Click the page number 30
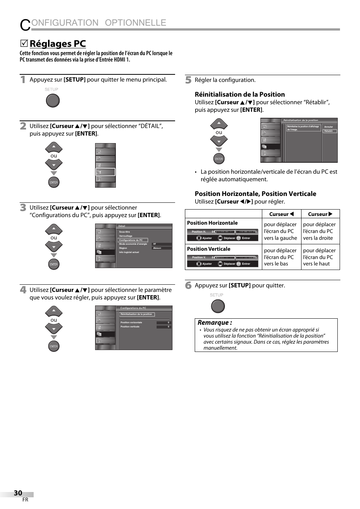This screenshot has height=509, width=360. click(x=18, y=493)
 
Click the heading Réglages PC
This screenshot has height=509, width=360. click(x=57, y=44)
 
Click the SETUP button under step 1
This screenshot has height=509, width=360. click(x=52, y=100)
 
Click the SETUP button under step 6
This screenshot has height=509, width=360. click(x=218, y=306)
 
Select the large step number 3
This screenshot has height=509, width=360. click(x=23, y=208)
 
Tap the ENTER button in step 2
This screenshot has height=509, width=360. click(x=54, y=182)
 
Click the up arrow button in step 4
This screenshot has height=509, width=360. click(x=54, y=311)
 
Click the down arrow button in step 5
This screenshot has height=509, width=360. click(x=219, y=141)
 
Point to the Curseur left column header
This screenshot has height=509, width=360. click(x=281, y=214)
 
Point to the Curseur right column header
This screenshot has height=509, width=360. click(x=320, y=214)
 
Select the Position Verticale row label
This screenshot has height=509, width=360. click(x=209, y=249)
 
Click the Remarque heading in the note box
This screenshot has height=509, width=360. click(x=215, y=322)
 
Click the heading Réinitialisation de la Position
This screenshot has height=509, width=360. click(x=240, y=94)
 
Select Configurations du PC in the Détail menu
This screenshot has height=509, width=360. click(x=132, y=240)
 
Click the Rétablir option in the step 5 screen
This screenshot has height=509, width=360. click(x=329, y=131)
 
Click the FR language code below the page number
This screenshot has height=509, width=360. click(x=25, y=500)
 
